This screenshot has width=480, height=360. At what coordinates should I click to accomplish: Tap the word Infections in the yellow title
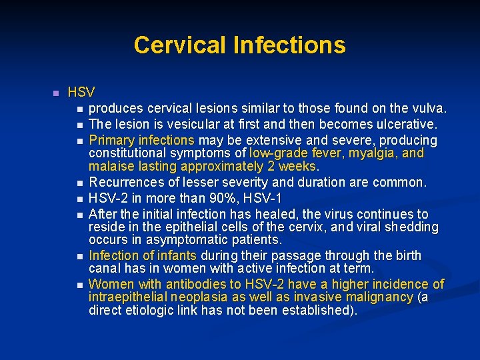(x=289, y=45)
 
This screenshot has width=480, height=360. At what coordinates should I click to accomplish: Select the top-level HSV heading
(x=81, y=92)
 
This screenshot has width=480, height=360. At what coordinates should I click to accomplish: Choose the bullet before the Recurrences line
(x=80, y=183)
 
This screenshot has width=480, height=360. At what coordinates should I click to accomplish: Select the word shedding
(x=411, y=227)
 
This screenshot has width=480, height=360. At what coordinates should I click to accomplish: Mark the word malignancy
(x=376, y=297)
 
